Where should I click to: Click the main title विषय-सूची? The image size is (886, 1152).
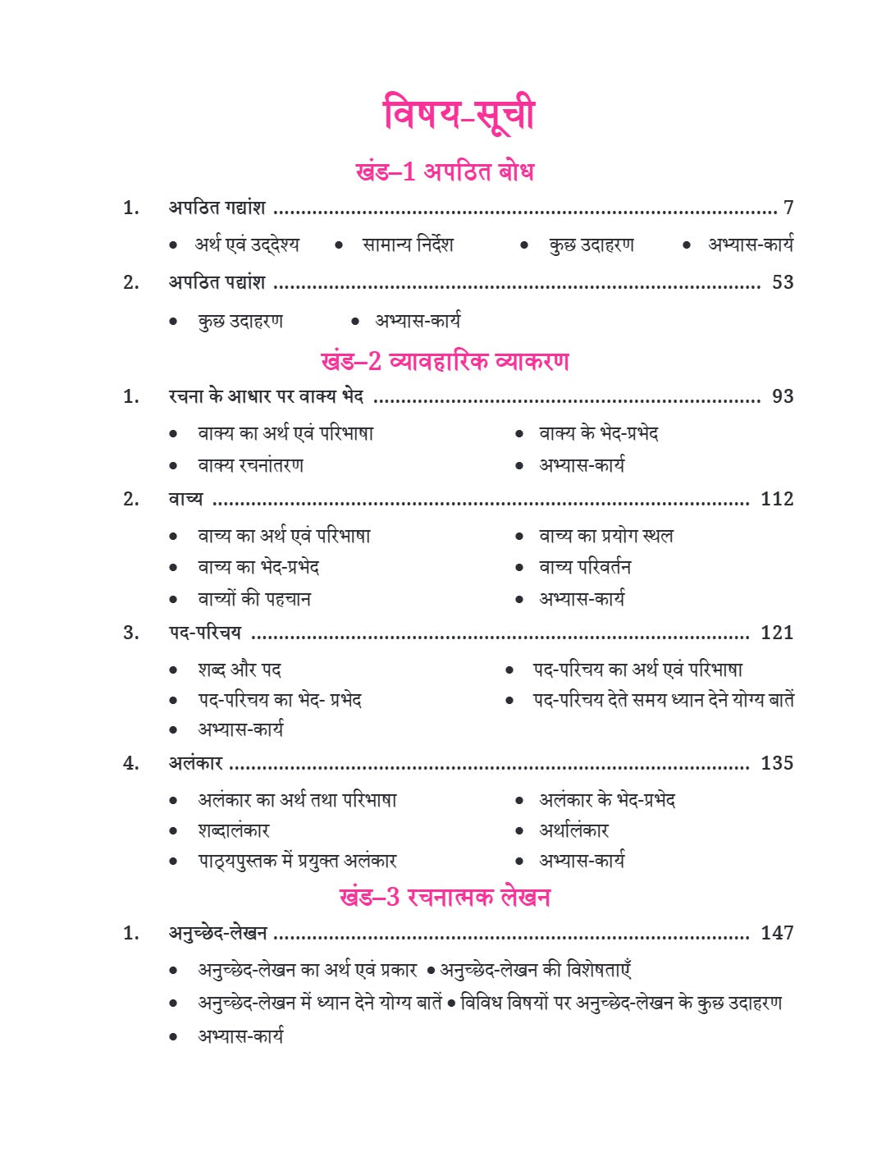[x=459, y=113]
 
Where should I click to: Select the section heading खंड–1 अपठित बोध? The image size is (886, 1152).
[x=444, y=171]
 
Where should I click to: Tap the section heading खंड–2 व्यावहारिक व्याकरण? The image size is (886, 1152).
[x=444, y=361]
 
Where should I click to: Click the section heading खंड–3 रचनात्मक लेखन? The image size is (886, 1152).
[x=444, y=896]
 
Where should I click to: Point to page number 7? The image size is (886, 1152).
[x=788, y=208]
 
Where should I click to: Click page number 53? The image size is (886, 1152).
[x=783, y=282]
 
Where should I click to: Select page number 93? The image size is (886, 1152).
[x=783, y=396]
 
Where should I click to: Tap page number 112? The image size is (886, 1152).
[x=777, y=499]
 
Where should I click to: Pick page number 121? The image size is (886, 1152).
[x=777, y=633]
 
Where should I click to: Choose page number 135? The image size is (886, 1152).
[x=777, y=763]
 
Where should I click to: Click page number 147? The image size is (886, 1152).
[x=777, y=933]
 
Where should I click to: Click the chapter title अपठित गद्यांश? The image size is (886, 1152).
[x=217, y=208]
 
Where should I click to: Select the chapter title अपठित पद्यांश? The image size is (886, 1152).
[x=217, y=282]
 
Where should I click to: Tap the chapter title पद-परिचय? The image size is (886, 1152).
[x=204, y=633]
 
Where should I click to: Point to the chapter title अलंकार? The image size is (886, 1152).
[x=195, y=763]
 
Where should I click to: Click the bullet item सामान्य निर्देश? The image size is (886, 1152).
[x=408, y=245]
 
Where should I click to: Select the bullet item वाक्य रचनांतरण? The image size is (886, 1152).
[x=250, y=465]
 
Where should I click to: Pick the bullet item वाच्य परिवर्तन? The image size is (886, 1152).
[x=585, y=567]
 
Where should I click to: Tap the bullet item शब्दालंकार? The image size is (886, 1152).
[x=234, y=830]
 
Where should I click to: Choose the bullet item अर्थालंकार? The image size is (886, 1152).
[x=573, y=830]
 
